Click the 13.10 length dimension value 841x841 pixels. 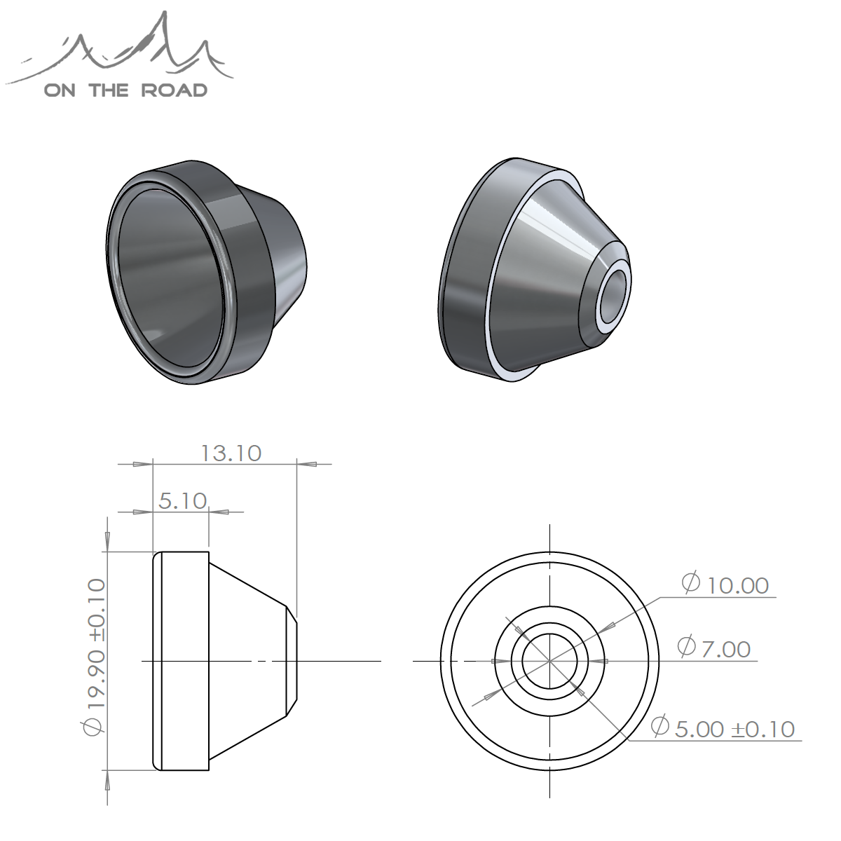(231, 453)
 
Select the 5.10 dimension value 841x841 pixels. (182, 501)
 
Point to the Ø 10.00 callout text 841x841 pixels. (725, 584)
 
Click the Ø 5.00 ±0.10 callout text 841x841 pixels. (723, 728)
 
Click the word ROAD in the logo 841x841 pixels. (174, 90)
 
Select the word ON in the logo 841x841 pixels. (60, 90)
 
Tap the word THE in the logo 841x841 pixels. (109, 90)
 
